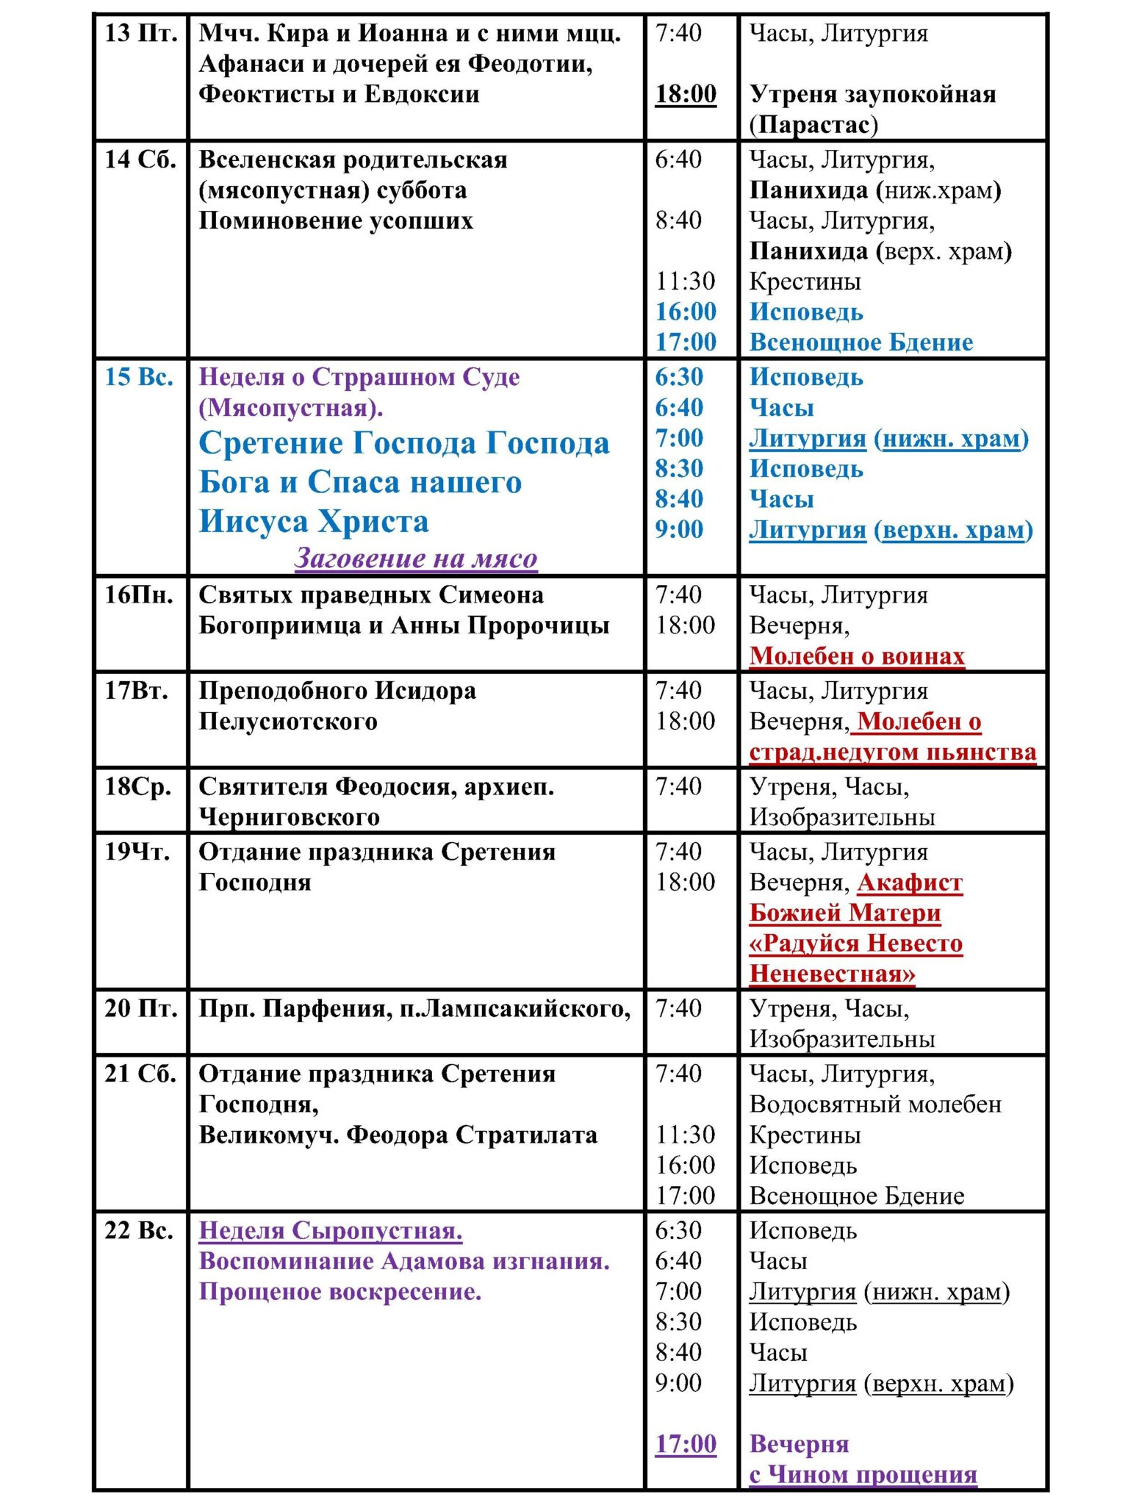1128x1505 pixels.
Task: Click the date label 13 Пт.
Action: click(140, 34)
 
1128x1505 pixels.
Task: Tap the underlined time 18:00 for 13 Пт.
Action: click(686, 95)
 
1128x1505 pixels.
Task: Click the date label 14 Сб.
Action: click(140, 160)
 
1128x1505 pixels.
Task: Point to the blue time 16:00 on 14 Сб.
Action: click(686, 312)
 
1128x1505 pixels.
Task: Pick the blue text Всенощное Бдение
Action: click(861, 342)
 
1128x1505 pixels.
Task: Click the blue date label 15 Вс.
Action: click(139, 378)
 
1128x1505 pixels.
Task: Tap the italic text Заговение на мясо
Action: click(416, 559)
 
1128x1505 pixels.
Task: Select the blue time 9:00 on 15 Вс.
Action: click(679, 530)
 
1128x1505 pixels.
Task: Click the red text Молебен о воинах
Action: click(857, 656)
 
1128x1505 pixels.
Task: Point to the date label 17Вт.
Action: click(137, 692)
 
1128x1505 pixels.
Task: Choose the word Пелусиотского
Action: click(288, 722)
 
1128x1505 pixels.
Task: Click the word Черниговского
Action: click(290, 818)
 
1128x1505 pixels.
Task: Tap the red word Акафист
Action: click(910, 883)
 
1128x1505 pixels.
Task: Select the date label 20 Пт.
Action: click(140, 1009)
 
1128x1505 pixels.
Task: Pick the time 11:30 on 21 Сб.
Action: click(685, 1135)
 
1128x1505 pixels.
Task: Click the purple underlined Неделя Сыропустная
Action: click(331, 1232)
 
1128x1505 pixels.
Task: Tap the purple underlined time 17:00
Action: click(686, 1445)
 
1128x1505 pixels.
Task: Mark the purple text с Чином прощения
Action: click(863, 1475)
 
